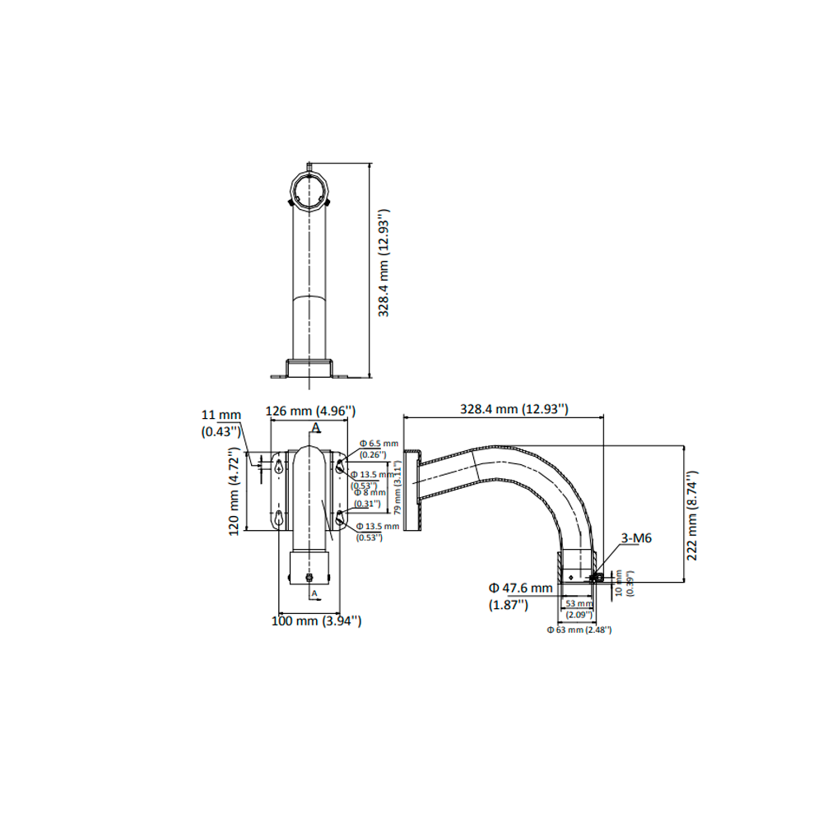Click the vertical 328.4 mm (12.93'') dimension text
click(384, 263)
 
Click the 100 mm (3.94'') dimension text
click(317, 621)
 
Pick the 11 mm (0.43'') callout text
click(221, 423)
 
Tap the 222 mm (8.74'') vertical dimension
click(693, 515)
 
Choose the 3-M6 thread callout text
click(636, 538)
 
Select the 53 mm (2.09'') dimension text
click(579, 608)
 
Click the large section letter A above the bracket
click(316, 427)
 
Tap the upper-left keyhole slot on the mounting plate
click(281, 465)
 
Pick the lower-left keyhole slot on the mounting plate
click(281, 518)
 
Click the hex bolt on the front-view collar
click(309, 576)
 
